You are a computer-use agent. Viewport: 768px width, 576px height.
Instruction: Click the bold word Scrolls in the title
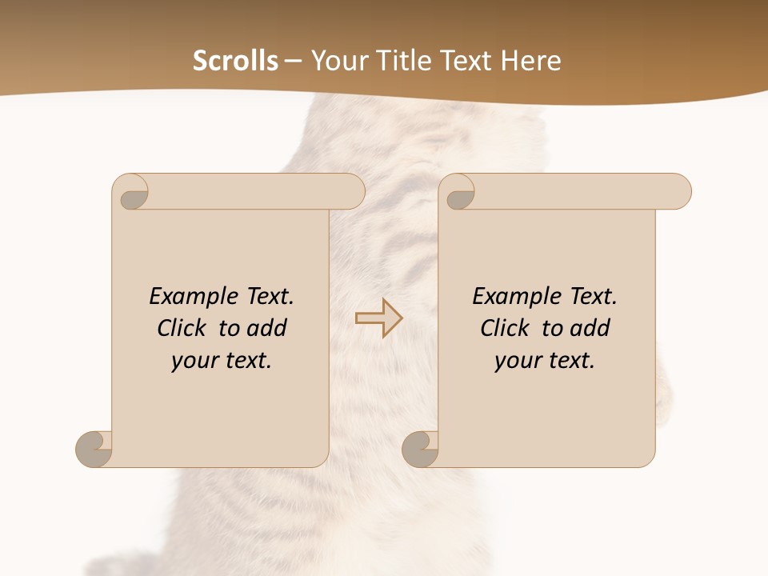point(235,61)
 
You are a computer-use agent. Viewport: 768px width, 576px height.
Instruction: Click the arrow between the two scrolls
point(378,318)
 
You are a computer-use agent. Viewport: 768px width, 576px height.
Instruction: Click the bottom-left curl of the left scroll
point(94,449)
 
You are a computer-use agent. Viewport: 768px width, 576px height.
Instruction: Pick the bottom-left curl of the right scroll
point(420,449)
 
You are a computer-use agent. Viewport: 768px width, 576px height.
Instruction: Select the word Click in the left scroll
point(183,328)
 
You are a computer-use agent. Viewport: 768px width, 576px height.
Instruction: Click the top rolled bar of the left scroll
point(256,192)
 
